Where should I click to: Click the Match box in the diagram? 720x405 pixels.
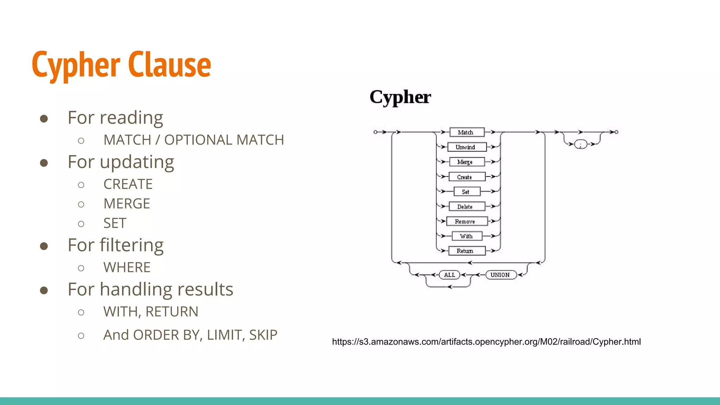click(467, 132)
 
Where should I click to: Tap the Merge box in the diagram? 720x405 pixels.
click(467, 162)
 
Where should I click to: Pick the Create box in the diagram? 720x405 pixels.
click(467, 177)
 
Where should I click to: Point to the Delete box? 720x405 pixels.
click(467, 206)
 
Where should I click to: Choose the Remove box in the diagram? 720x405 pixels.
click(467, 221)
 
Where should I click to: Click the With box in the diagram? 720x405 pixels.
click(467, 236)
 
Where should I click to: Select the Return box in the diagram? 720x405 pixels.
click(467, 251)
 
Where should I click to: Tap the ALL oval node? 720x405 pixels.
click(450, 275)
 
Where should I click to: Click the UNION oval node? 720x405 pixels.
click(501, 275)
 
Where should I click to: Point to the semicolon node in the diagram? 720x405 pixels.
click(580, 144)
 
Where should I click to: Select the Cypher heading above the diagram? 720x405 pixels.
click(400, 97)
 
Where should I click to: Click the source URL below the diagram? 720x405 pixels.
click(486, 342)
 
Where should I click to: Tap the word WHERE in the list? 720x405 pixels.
click(127, 268)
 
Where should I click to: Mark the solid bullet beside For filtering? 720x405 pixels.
click(44, 246)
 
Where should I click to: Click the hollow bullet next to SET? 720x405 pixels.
click(81, 224)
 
